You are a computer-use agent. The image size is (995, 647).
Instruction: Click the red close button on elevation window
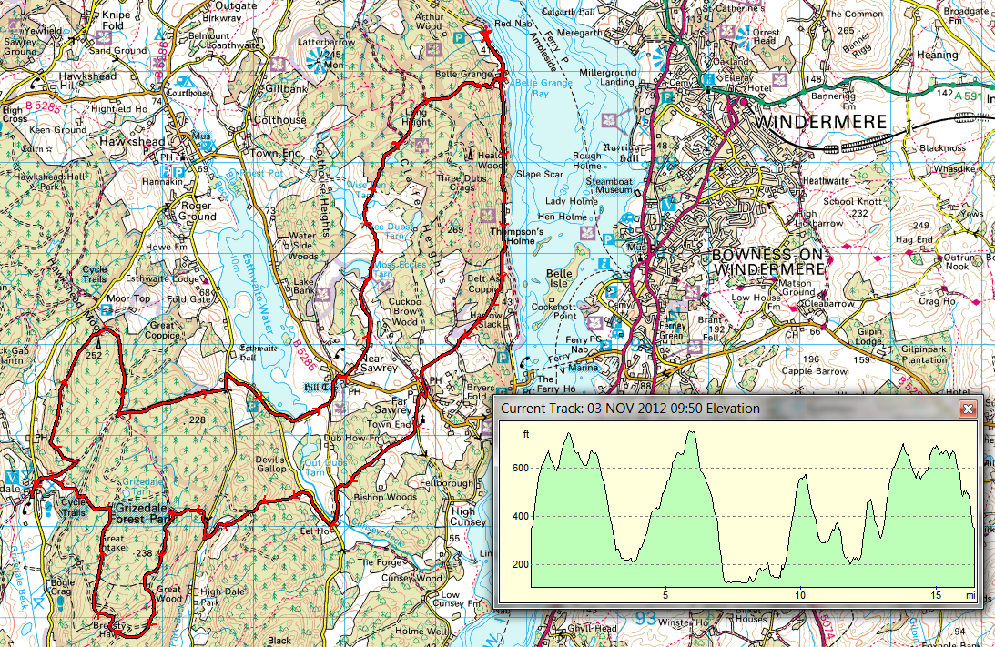[x=968, y=409]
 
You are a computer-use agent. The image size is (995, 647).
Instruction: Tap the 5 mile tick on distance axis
[x=666, y=595]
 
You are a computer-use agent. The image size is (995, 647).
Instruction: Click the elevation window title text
[x=630, y=409]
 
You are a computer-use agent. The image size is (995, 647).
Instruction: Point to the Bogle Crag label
[x=60, y=587]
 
